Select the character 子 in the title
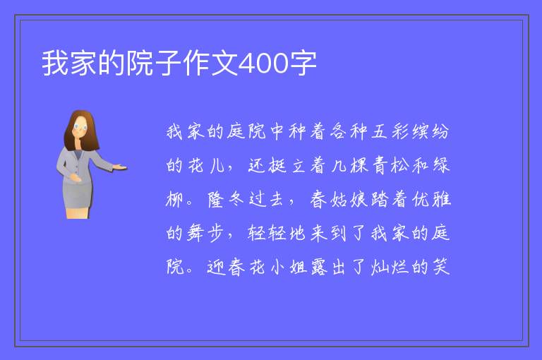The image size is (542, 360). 169,63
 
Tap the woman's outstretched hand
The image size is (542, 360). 119,168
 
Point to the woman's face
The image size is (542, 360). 80,127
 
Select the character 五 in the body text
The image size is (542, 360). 379,131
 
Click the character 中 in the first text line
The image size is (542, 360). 277,131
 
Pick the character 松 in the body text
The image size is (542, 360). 399,165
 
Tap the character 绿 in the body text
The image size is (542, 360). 441,165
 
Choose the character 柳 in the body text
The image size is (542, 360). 174,200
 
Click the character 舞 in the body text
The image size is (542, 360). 195,233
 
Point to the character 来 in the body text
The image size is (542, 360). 318,233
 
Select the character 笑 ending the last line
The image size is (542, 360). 441,267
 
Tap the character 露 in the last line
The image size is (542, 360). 319,267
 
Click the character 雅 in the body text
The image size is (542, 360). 441,200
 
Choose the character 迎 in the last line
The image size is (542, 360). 216,267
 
